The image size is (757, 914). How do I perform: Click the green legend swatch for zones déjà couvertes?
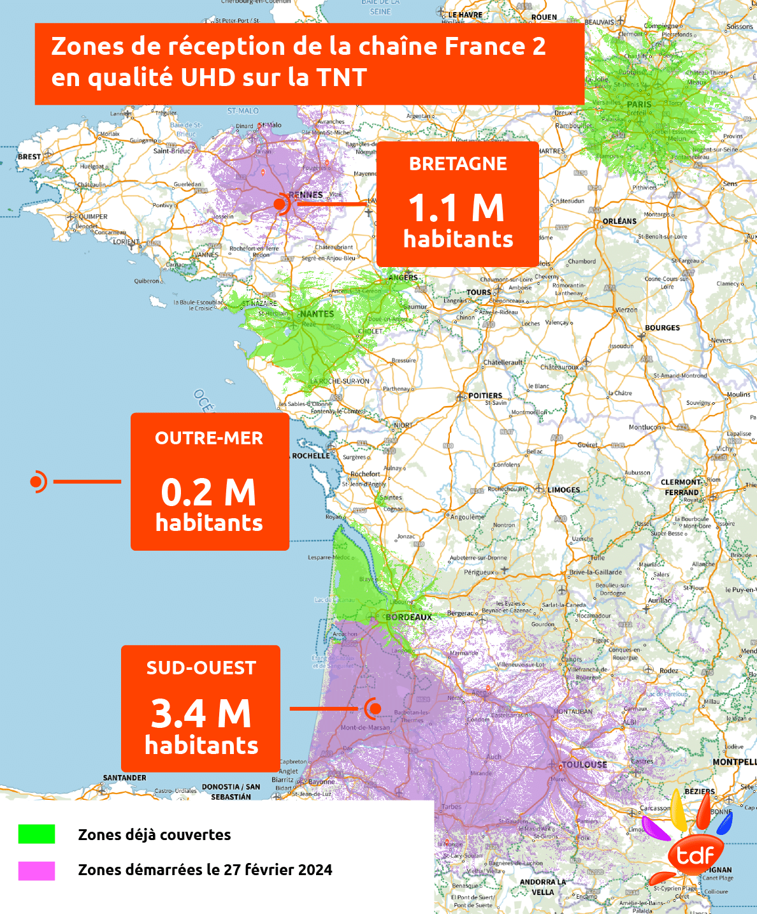pyautogui.click(x=36, y=834)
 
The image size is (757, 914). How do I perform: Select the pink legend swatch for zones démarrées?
pyautogui.click(x=36, y=871)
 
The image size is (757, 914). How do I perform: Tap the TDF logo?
pyautogui.click(x=695, y=854)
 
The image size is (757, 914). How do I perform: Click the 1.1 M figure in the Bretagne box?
pyautogui.click(x=456, y=208)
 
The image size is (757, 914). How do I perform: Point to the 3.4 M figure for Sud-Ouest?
pyautogui.click(x=201, y=713)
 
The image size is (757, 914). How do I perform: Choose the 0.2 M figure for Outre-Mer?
pyautogui.click(x=208, y=492)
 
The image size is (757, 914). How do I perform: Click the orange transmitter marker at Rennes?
pyautogui.click(x=280, y=204)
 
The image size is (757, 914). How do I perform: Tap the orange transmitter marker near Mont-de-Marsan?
pyautogui.click(x=374, y=708)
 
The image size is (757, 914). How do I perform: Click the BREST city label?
pyautogui.click(x=29, y=157)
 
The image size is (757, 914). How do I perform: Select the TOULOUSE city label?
pyautogui.click(x=584, y=764)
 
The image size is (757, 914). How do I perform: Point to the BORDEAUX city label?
pyautogui.click(x=409, y=617)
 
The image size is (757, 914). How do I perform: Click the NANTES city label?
pyautogui.click(x=317, y=314)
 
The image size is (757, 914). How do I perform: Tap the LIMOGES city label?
pyautogui.click(x=564, y=490)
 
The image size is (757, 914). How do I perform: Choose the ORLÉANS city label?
pyautogui.click(x=619, y=221)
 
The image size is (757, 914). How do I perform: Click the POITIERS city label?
pyautogui.click(x=485, y=396)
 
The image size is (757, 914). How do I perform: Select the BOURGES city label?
pyautogui.click(x=662, y=328)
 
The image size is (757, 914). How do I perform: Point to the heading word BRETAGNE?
pyautogui.click(x=458, y=164)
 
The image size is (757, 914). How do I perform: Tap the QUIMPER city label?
pyautogui.click(x=93, y=217)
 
